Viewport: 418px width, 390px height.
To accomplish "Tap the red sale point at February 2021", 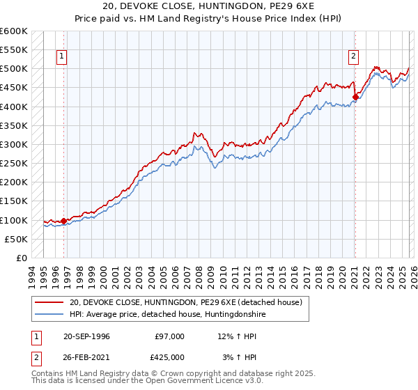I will (355, 97).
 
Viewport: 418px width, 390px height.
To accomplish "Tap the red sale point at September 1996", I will (64, 221).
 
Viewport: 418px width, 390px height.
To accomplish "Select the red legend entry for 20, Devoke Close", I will (185, 303).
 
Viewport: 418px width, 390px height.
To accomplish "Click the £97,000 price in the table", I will (170, 336).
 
